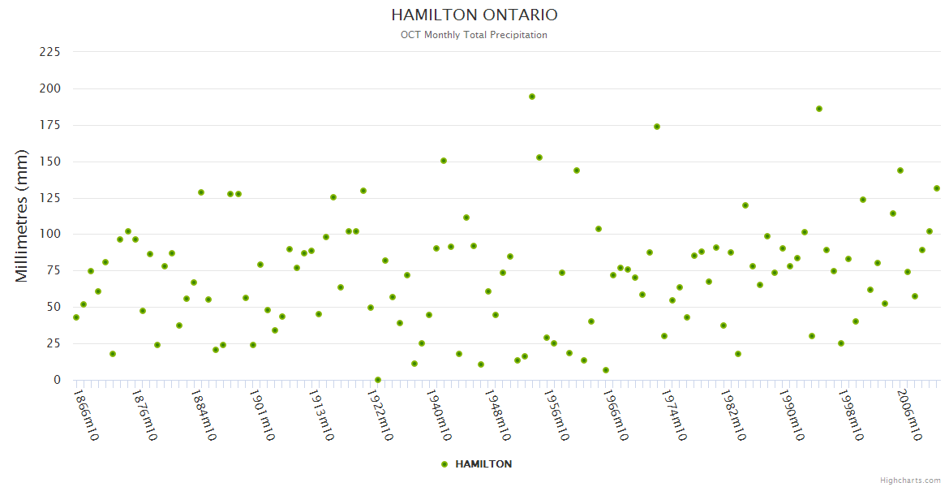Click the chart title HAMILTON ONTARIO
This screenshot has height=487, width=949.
(474, 15)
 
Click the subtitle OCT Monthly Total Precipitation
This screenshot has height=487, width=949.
(474, 35)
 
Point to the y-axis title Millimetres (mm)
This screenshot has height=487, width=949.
(22, 216)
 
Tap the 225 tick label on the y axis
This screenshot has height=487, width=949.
(49, 52)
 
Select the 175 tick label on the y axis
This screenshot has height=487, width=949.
(49, 125)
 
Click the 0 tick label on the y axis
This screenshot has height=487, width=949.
(57, 380)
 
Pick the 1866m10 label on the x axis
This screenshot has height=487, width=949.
(84, 416)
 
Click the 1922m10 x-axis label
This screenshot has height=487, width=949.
(377, 416)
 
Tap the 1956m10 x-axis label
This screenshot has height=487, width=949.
(555, 416)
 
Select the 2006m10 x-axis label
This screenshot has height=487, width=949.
(908, 416)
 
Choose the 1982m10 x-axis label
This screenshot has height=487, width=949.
(731, 416)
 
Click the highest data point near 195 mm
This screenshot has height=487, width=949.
(532, 97)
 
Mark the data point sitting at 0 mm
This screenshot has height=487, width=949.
(378, 380)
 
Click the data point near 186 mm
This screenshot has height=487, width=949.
(819, 109)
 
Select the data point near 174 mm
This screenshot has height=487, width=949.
(657, 127)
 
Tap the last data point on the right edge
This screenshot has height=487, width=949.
(937, 188)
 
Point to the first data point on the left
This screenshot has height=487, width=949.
(76, 317)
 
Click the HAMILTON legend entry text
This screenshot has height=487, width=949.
(483, 464)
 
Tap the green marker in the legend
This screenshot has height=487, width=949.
(444, 464)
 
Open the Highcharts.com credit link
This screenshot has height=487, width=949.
(910, 481)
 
